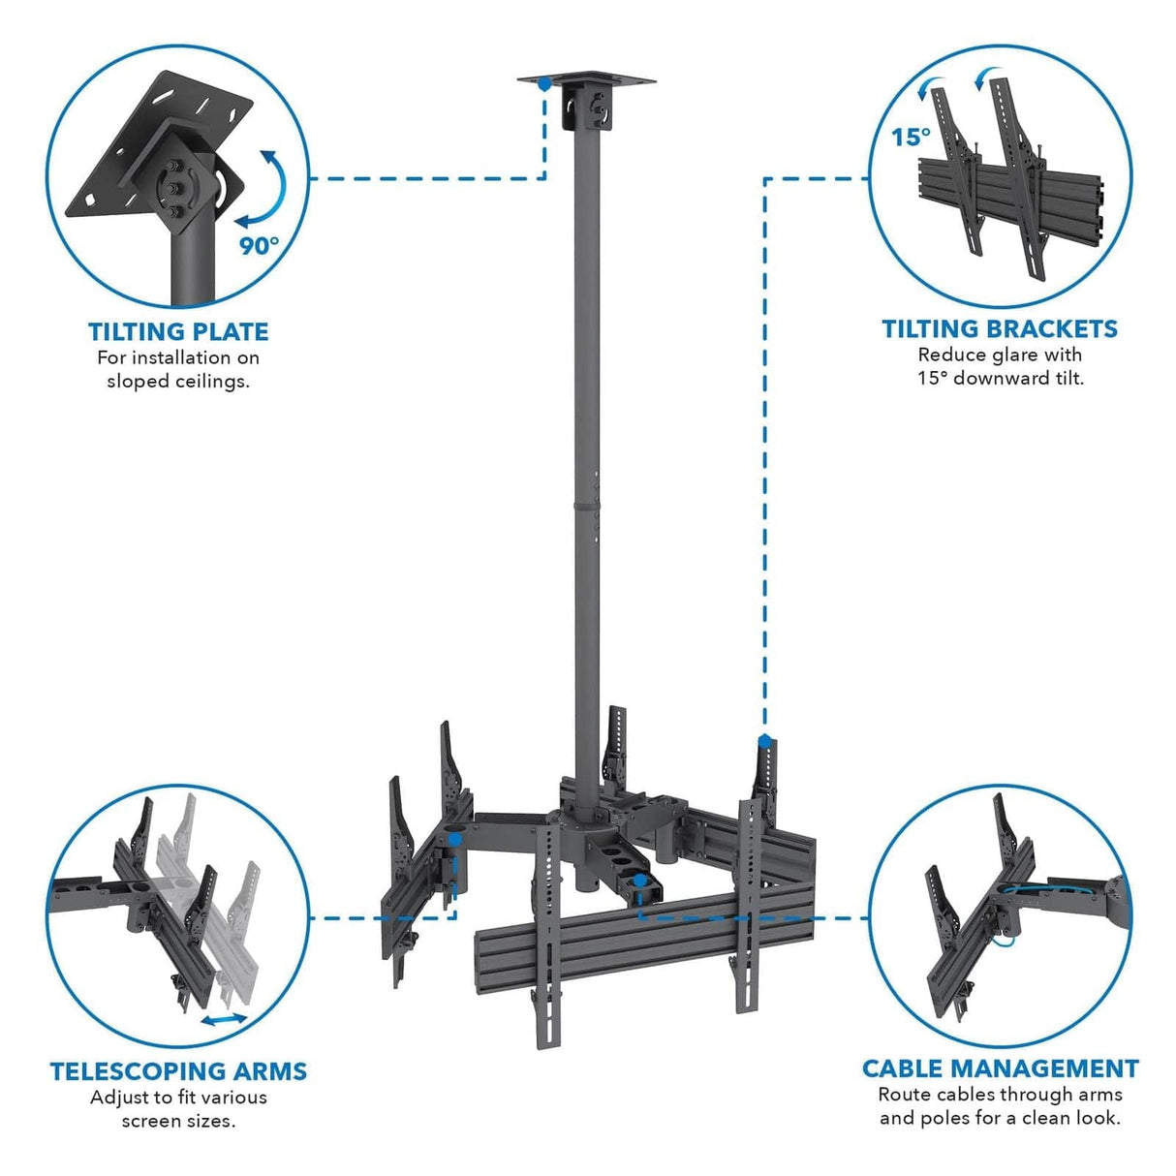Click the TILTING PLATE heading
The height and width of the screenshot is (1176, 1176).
pyautogui.click(x=178, y=331)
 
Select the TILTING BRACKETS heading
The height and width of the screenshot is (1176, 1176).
pyautogui.click(x=1000, y=328)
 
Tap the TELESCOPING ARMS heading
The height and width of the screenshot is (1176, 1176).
pyautogui.click(x=178, y=1070)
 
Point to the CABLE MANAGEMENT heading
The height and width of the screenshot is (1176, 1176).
pyautogui.click(x=1000, y=1068)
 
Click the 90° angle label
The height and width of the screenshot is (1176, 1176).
pyautogui.click(x=259, y=245)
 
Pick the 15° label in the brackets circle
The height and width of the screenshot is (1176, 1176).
pyautogui.click(x=911, y=138)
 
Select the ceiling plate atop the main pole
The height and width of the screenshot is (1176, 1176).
pyautogui.click(x=586, y=80)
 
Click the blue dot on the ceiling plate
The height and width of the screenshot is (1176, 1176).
pyautogui.click(x=545, y=84)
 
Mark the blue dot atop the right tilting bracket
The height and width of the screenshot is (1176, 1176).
pyautogui.click(x=764, y=742)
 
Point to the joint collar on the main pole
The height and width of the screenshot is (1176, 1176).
pyautogui.click(x=585, y=503)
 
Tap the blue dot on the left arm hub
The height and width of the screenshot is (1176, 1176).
pyautogui.click(x=453, y=839)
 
